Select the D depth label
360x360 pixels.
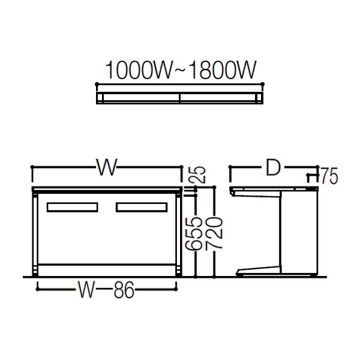coord(274,169)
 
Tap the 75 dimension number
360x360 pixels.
coord(328,176)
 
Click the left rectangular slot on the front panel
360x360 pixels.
coord(71,208)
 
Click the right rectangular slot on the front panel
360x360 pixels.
coord(142,208)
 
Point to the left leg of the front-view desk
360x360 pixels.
coord(36,234)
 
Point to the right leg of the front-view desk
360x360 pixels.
coord(177,234)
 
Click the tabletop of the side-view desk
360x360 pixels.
coord(273,190)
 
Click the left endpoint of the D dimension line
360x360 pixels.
coord(231,168)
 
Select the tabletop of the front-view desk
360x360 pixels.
coord(106,190)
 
